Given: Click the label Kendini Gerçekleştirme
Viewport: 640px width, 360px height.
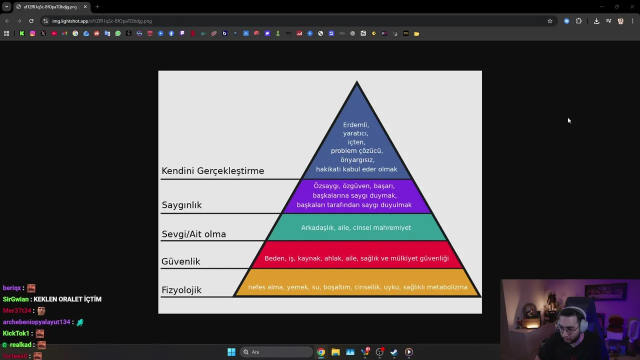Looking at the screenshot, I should (x=212, y=171).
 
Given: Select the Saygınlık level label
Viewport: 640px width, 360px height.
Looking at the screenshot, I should (x=181, y=205).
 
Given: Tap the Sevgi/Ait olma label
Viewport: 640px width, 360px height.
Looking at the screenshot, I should (x=193, y=234).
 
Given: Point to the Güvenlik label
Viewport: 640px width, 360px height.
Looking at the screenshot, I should (x=180, y=261).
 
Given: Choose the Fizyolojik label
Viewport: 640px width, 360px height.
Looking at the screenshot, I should (x=181, y=290).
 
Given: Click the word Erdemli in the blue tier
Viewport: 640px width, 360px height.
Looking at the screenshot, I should (x=356, y=125).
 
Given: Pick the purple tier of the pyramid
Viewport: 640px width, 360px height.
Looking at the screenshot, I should (x=356, y=196).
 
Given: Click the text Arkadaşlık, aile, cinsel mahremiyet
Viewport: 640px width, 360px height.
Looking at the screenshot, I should (x=356, y=228).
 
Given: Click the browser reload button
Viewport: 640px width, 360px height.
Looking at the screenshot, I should (x=31, y=21).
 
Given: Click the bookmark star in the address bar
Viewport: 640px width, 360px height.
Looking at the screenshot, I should (x=550, y=21).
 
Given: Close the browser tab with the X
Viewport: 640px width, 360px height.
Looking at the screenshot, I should (x=85, y=7).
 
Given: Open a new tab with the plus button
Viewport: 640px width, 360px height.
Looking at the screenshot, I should (x=97, y=7).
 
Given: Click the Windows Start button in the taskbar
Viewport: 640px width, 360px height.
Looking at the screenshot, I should (x=231, y=352).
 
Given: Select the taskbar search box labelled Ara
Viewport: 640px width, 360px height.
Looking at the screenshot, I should (x=275, y=352).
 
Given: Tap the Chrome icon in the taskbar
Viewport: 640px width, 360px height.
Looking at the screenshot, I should (x=321, y=352).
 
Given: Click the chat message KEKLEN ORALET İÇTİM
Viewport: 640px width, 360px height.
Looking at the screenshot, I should (x=67, y=299).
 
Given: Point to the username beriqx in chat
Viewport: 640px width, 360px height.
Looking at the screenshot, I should (x=12, y=288).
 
